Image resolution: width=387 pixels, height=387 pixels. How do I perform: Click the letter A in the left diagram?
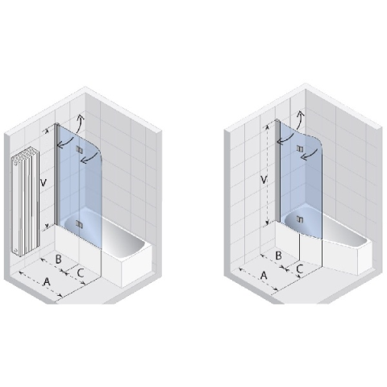[47, 281]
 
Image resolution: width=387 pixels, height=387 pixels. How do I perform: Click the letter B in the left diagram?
[58, 259]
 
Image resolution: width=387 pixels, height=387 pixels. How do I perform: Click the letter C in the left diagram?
[81, 273]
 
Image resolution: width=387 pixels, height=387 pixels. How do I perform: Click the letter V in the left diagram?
[43, 183]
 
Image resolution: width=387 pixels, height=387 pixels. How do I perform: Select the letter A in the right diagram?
[264, 275]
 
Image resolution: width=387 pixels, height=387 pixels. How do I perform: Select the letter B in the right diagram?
[279, 256]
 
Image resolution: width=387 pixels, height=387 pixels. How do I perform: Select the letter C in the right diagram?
[300, 268]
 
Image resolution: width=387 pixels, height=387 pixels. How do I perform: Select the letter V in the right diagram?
[264, 179]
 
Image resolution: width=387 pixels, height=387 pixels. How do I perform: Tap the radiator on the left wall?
[26, 201]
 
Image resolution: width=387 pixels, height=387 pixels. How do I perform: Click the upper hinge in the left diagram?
[79, 149]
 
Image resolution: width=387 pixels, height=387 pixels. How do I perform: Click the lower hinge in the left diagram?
[79, 223]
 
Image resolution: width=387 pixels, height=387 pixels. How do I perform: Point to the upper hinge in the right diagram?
[300, 148]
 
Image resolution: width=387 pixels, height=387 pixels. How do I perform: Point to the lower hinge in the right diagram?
[300, 219]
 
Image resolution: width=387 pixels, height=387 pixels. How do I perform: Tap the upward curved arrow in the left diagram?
[81, 123]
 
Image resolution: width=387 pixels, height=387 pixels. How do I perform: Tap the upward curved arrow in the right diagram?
[301, 120]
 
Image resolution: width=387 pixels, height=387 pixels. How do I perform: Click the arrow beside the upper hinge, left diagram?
[89, 158]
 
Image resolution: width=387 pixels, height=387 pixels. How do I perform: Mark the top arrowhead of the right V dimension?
[267, 127]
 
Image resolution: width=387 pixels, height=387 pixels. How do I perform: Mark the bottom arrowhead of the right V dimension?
[267, 223]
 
